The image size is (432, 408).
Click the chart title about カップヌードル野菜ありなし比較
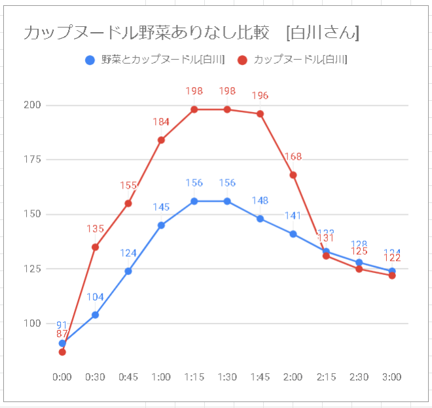click(x=190, y=32)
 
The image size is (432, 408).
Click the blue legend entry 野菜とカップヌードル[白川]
click(x=156, y=60)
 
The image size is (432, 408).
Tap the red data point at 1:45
click(x=260, y=114)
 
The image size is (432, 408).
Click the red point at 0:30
click(x=95, y=247)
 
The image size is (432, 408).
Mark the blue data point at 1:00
click(x=161, y=225)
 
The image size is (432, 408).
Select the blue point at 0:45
click(x=128, y=271)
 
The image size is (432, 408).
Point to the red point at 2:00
click(x=293, y=175)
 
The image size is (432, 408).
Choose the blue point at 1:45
click(x=260, y=219)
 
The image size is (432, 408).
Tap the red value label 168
click(x=293, y=157)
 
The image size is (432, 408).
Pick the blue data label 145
click(x=161, y=207)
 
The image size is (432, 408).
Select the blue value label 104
click(x=95, y=297)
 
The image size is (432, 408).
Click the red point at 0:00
click(x=62, y=352)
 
